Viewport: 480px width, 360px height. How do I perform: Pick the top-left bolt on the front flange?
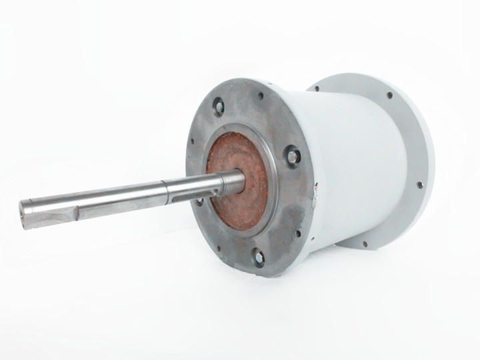[x=218, y=105]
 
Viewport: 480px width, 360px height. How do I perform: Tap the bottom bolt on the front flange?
[x=258, y=256]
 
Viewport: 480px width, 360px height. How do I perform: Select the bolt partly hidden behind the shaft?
[x=200, y=200]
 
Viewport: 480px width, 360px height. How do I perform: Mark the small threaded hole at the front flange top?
[x=261, y=95]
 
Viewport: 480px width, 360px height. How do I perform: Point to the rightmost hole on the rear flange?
[x=419, y=185]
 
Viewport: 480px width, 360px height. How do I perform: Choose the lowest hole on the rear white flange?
[x=364, y=243]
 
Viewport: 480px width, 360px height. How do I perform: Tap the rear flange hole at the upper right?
[x=389, y=95]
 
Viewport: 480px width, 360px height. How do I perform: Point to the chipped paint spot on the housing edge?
[x=315, y=194]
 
